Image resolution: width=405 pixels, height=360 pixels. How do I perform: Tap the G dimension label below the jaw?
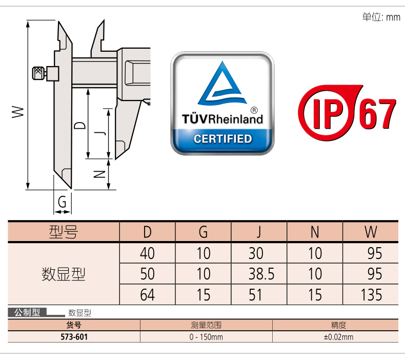click(x=62, y=202)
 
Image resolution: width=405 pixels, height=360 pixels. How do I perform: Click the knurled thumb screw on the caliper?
click(x=37, y=73)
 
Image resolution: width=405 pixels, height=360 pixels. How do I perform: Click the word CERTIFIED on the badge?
click(x=222, y=139)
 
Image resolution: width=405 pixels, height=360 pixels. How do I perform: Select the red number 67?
click(x=378, y=113)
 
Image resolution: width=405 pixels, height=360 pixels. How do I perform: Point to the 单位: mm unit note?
click(x=381, y=17)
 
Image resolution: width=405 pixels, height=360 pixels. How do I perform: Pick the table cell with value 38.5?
click(x=259, y=274)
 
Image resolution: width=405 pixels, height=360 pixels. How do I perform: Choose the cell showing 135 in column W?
click(x=371, y=295)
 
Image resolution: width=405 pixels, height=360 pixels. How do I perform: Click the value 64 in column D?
click(x=147, y=295)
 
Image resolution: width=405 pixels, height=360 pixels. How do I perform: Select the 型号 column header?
click(x=63, y=232)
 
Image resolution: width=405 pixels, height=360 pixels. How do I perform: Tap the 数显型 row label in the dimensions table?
click(x=63, y=274)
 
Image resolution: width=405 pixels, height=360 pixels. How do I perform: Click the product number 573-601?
click(x=74, y=337)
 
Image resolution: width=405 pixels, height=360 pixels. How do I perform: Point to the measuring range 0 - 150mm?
click(x=206, y=337)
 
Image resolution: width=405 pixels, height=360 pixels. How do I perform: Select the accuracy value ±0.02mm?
click(x=338, y=337)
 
